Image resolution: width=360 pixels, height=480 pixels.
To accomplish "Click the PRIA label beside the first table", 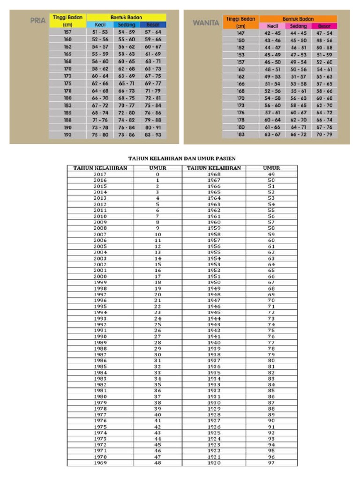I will (x=37, y=21).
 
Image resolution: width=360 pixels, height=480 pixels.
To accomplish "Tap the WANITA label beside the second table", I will (x=206, y=22).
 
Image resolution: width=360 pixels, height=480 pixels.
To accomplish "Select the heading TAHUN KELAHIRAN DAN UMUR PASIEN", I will (x=182, y=159).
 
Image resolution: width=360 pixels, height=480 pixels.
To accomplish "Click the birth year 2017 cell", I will (x=100, y=174).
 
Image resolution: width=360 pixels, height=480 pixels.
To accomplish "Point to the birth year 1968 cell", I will (x=214, y=174).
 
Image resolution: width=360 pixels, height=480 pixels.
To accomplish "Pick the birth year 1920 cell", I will (x=214, y=463).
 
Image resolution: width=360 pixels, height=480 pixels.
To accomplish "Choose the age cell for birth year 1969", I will (x=157, y=463).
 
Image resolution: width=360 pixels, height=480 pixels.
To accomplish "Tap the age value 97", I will (x=271, y=463).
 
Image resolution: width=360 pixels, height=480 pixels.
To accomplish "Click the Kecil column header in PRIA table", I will (x=101, y=24).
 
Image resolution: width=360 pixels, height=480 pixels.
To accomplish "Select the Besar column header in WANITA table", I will (x=324, y=26).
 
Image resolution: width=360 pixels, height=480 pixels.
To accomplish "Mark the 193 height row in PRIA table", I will (x=67, y=134).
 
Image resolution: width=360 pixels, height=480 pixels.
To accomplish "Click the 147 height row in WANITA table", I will (x=240, y=33).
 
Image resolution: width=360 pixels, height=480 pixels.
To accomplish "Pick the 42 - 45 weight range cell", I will (x=272, y=33).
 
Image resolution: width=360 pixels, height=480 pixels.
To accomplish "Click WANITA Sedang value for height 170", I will (x=298, y=98).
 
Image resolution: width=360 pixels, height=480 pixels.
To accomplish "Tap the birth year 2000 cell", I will (x=100, y=277).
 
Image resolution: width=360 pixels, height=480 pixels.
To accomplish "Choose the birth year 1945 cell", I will (x=214, y=312).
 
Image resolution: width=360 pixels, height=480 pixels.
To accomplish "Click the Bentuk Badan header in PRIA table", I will (x=126, y=17).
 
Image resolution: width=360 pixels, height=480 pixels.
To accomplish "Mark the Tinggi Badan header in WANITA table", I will (x=240, y=22).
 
